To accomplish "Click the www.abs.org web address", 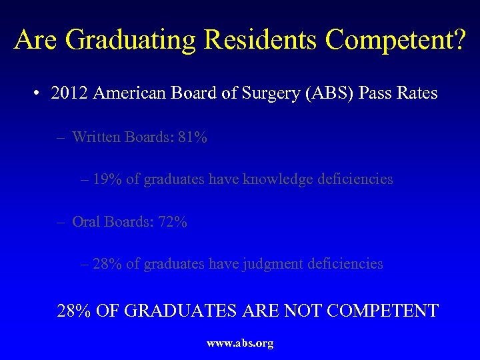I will [x=240, y=344].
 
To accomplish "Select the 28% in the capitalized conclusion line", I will [x=74, y=311].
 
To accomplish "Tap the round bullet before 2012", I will [x=37, y=93].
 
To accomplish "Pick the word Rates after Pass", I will [x=418, y=93].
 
